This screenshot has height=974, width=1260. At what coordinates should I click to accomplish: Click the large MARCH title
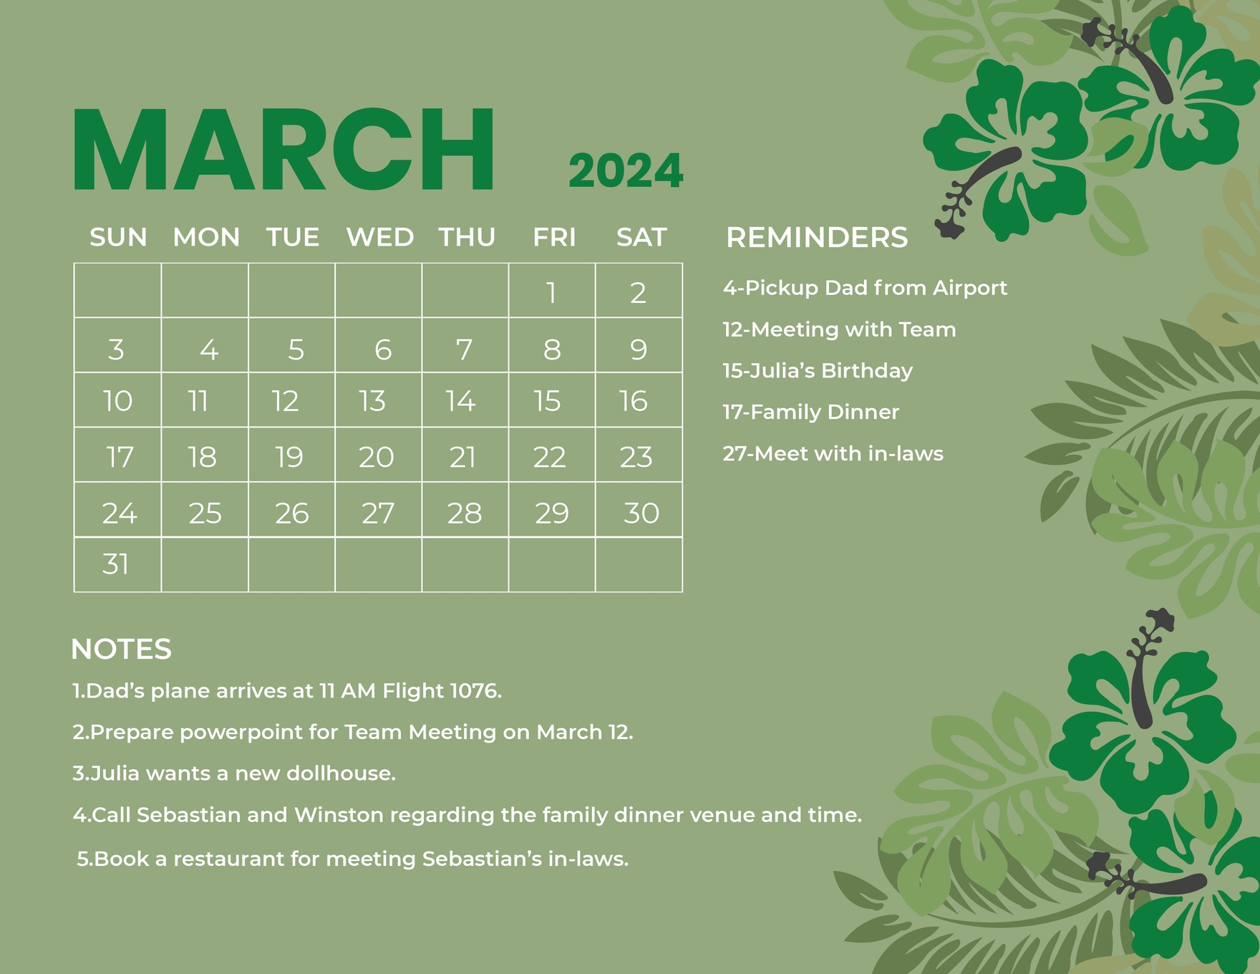pyautogui.click(x=283, y=150)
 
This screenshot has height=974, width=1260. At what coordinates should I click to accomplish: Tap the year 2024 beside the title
pyautogui.click(x=626, y=172)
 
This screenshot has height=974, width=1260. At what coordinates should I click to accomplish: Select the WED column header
pyautogui.click(x=379, y=237)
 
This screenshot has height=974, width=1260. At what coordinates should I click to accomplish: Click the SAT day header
pyautogui.click(x=641, y=237)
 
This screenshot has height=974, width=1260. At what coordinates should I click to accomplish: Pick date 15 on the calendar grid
pyautogui.click(x=547, y=401)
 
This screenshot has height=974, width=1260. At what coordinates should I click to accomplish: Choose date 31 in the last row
pyautogui.click(x=116, y=564)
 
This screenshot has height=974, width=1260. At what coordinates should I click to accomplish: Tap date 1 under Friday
pyautogui.click(x=551, y=292)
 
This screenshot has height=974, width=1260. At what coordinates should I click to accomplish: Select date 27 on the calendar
pyautogui.click(x=378, y=513)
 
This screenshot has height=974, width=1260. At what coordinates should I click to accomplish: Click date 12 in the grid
pyautogui.click(x=285, y=401)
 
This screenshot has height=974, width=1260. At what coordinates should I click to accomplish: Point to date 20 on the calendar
pyautogui.click(x=377, y=457)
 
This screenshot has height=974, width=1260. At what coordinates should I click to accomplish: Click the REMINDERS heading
pyautogui.click(x=817, y=238)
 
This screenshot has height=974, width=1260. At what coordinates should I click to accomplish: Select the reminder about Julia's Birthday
pyautogui.click(x=818, y=370)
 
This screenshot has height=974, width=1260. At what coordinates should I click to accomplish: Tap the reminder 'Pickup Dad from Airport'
pyautogui.click(x=865, y=288)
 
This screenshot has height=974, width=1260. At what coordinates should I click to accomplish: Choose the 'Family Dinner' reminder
pyautogui.click(x=810, y=412)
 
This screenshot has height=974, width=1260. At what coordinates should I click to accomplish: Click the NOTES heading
pyautogui.click(x=121, y=650)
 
